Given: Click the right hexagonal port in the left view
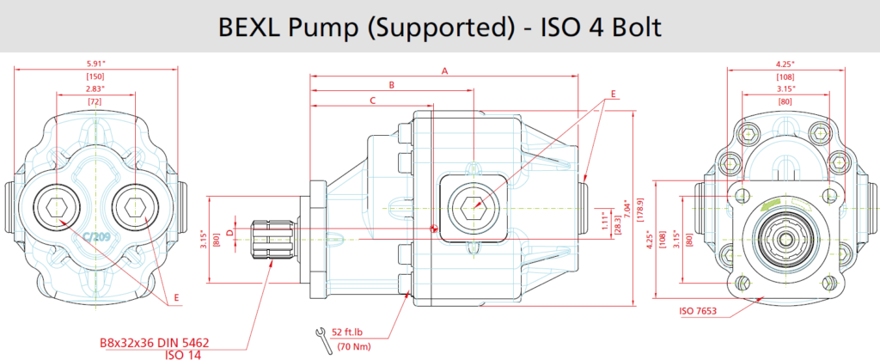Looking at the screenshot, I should click(x=133, y=208).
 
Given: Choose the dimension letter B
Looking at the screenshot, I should click(x=392, y=85).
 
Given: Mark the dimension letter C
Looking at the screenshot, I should click(x=372, y=101).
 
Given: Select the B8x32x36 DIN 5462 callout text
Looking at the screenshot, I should click(x=155, y=342).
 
